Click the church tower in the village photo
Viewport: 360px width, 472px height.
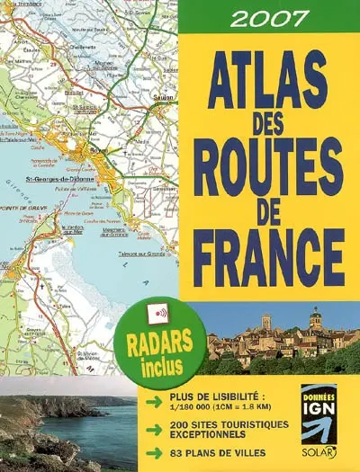314,319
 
